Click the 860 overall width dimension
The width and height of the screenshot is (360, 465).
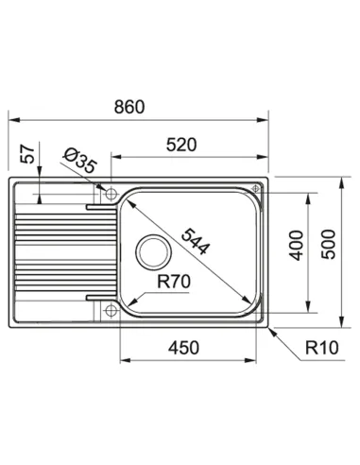[129, 107]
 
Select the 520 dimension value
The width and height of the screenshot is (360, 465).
[181, 145]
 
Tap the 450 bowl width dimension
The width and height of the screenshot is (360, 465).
[183, 348]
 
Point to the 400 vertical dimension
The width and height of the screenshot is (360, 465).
[296, 246]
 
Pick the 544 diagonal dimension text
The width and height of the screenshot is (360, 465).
[196, 242]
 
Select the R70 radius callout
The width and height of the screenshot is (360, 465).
[174, 282]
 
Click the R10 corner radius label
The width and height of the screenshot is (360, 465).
[322, 348]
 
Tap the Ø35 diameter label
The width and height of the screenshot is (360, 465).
[79, 161]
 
